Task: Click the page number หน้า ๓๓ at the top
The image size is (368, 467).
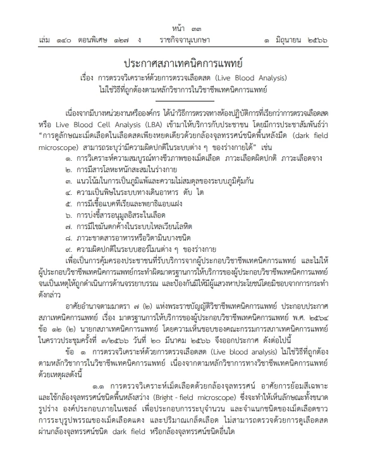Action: tap(184, 28)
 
